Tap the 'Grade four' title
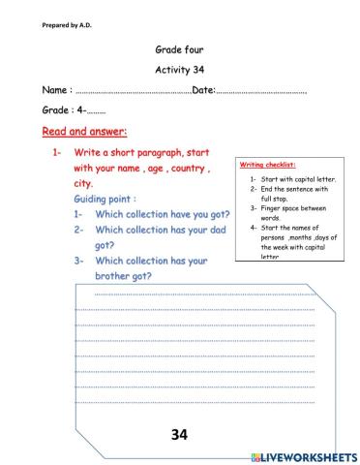click(180, 47)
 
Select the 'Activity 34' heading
click(180, 70)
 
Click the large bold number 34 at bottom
click(178, 435)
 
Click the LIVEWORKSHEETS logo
click(304, 455)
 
